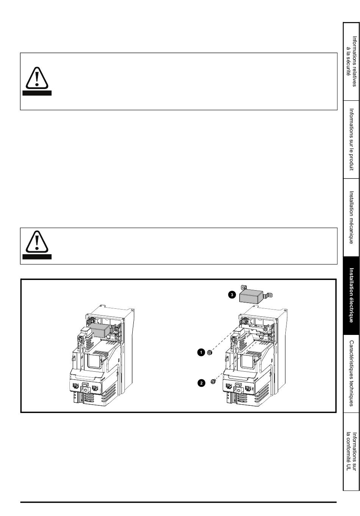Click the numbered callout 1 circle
click(201, 352)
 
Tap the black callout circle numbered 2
click(202, 383)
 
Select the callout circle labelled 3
click(232, 295)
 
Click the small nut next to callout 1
click(210, 352)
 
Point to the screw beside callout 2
click(213, 382)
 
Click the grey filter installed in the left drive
click(100, 329)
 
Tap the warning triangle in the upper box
click(37, 78)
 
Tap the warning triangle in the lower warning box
click(37, 241)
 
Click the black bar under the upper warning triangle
click(37, 93)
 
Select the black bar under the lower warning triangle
click(37, 256)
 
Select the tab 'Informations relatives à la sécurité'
click(351, 61)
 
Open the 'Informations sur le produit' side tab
click(351, 139)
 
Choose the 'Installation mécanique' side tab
click(351, 217)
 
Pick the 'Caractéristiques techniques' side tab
click(351, 374)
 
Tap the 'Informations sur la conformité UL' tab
click(351, 452)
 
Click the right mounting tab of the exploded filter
click(269, 294)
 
